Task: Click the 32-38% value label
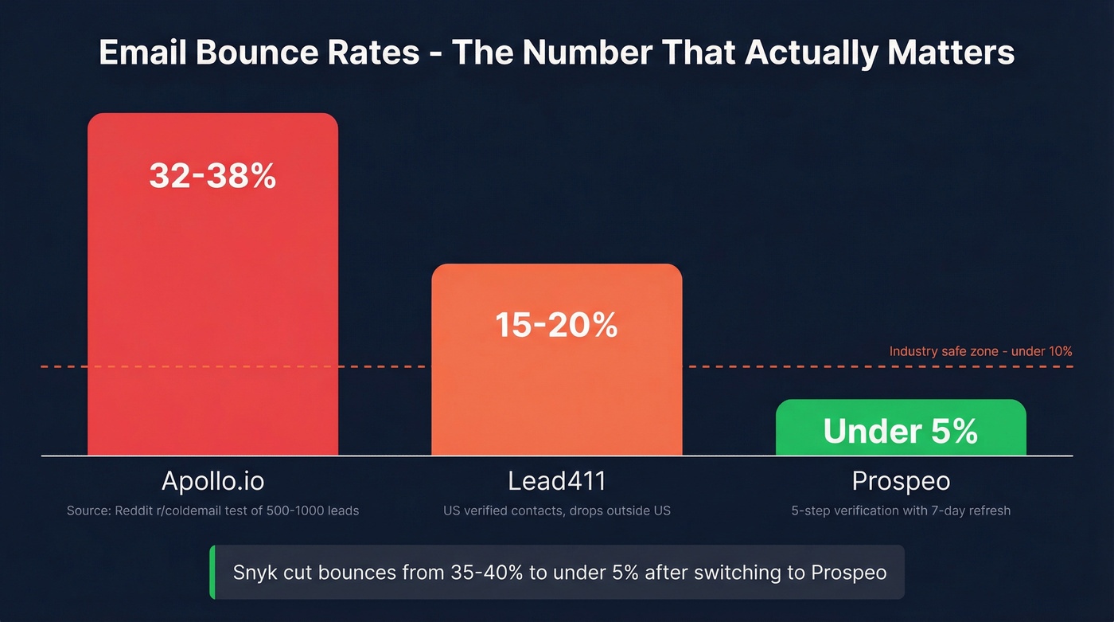tap(212, 176)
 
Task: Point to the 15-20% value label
tap(556, 324)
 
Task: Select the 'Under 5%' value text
tap(901, 431)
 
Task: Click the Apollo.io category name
tap(212, 481)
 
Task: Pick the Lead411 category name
tap(556, 481)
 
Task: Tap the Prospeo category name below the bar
tap(901, 481)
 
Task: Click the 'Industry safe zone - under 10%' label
tap(980, 351)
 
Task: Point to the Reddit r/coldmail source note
tap(212, 511)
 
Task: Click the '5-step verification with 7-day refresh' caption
tap(901, 511)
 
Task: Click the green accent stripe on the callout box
tap(212, 572)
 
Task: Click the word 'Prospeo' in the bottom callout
tap(848, 573)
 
